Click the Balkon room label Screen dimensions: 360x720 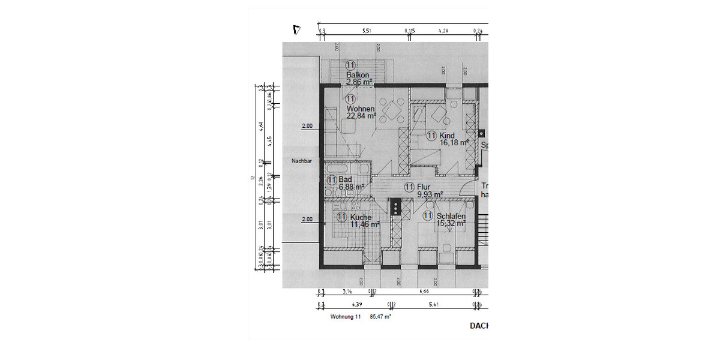(357, 74)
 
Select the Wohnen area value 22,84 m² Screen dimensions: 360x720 (361, 116)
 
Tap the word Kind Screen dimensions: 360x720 (447, 136)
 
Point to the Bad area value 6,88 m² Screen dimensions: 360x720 (352, 187)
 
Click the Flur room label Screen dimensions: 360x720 (424, 187)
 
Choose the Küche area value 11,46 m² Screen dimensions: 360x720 (365, 224)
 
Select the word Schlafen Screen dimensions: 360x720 (451, 216)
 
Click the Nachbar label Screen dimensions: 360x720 (301, 161)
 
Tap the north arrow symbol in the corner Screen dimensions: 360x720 (295, 29)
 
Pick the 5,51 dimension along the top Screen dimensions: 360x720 (366, 29)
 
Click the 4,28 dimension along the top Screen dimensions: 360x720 (444, 29)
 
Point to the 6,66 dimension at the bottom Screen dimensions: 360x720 (424, 292)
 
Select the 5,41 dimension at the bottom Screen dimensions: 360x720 (433, 304)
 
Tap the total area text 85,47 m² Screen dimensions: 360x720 (380, 316)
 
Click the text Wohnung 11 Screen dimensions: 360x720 (345, 316)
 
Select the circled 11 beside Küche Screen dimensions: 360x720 (341, 217)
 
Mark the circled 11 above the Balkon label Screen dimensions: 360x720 (350, 65)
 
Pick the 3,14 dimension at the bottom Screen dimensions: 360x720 (346, 292)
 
